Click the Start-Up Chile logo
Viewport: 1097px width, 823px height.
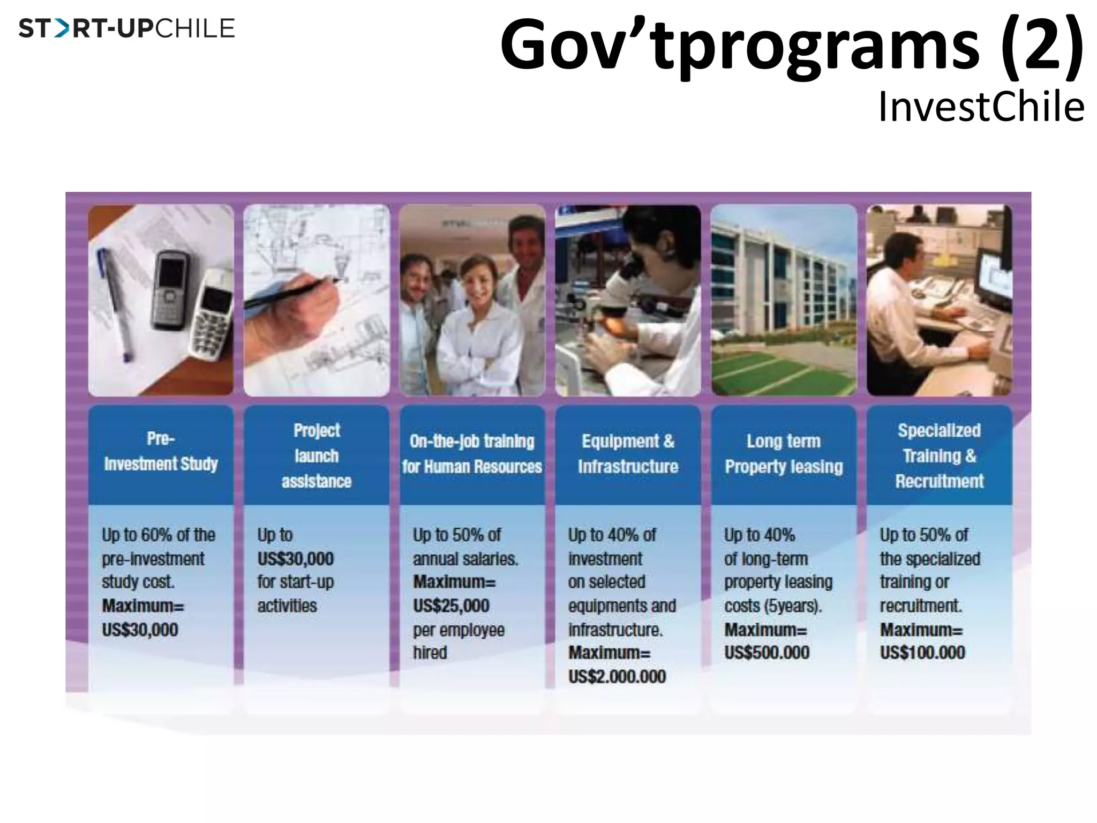126,28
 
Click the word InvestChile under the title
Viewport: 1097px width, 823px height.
981,107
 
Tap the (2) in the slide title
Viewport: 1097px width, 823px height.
1041,45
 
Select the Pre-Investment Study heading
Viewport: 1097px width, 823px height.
161,451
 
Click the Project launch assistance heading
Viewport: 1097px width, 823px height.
317,455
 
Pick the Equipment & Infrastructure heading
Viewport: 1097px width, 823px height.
628,453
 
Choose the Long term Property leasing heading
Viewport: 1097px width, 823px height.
784,453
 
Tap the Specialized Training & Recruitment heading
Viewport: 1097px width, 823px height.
940,455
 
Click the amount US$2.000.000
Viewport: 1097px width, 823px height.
617,676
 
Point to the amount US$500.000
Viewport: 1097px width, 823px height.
767,653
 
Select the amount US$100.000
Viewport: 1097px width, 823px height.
922,653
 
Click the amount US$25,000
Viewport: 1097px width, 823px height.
451,605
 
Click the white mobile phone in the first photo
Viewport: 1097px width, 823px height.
213,316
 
